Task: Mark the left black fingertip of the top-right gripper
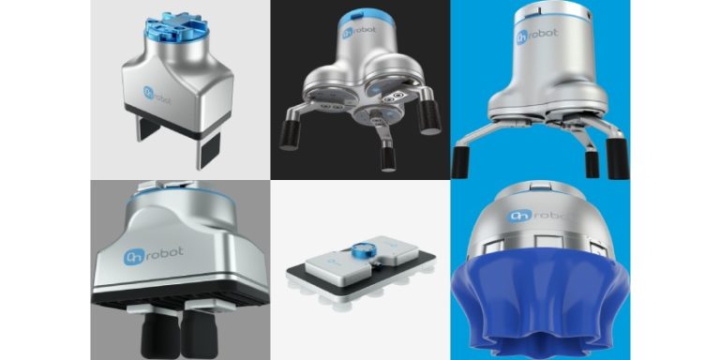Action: [459, 161]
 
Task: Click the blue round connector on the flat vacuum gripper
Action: [360, 252]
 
